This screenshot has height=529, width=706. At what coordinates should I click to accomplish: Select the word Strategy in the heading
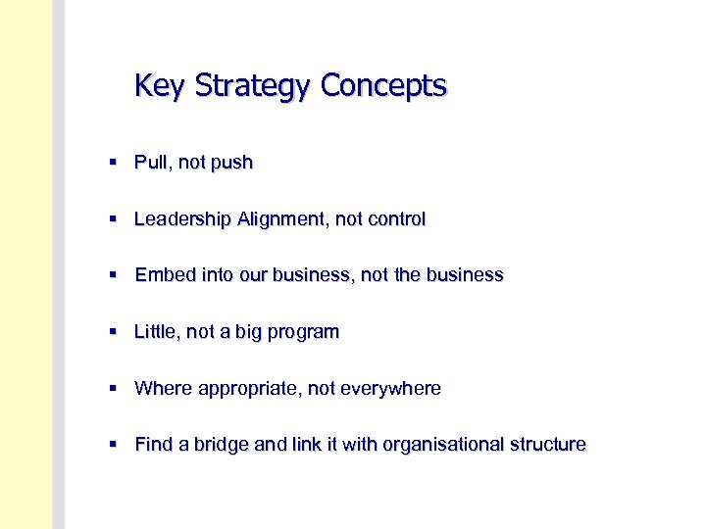[x=252, y=86]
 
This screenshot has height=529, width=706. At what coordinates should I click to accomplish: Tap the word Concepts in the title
[x=383, y=86]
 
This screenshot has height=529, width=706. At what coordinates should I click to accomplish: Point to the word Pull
[x=150, y=163]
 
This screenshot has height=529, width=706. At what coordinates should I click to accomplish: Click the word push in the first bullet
[x=231, y=164]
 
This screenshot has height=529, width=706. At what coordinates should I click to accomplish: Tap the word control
[x=395, y=219]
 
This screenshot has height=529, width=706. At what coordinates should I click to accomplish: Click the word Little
[x=156, y=332]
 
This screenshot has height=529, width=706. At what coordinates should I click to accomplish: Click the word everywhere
[x=390, y=389]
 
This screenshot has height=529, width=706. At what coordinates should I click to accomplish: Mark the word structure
[x=546, y=445]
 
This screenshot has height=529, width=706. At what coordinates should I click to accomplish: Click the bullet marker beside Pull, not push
[x=115, y=163]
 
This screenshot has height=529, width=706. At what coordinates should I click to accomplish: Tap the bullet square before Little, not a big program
[x=115, y=332]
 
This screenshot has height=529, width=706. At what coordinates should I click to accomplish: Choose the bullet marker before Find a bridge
[x=115, y=445]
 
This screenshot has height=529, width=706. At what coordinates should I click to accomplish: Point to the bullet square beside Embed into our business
[x=115, y=275]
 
